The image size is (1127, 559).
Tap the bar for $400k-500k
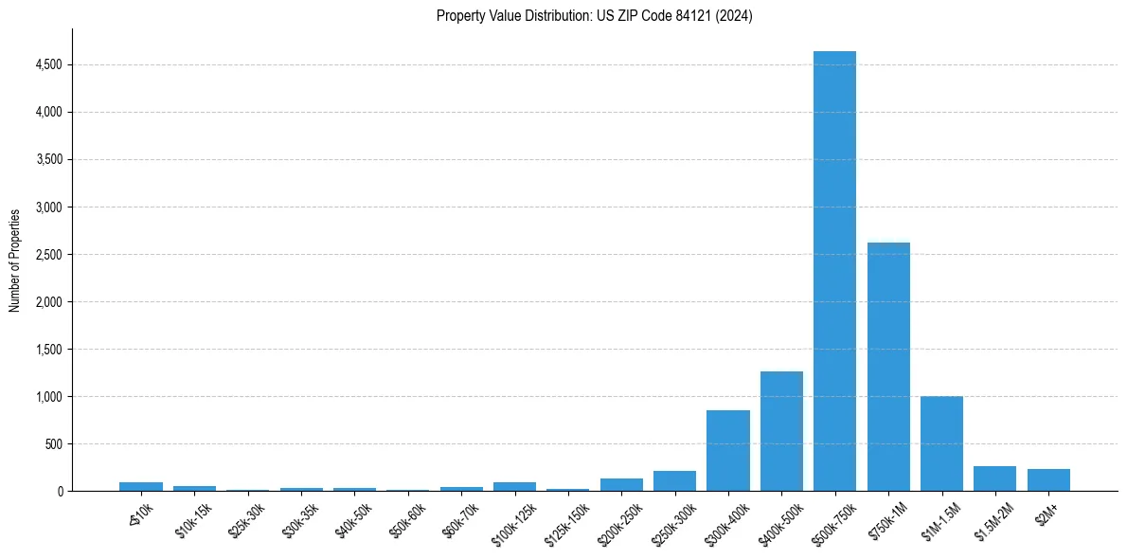[x=781, y=431]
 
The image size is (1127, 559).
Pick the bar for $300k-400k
[x=728, y=451]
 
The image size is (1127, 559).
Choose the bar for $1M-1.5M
[x=941, y=443]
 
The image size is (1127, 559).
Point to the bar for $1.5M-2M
[x=994, y=478]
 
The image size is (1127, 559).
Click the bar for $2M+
[x=1048, y=480]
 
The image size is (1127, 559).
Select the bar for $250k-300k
[x=674, y=481]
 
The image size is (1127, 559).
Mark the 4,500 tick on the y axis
[x=49, y=65]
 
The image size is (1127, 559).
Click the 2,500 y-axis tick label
[x=49, y=255]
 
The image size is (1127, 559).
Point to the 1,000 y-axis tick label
[x=49, y=397]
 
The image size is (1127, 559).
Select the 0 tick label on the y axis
[x=60, y=492]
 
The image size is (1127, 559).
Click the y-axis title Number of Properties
[x=15, y=260]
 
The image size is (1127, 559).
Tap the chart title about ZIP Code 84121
[x=595, y=16]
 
